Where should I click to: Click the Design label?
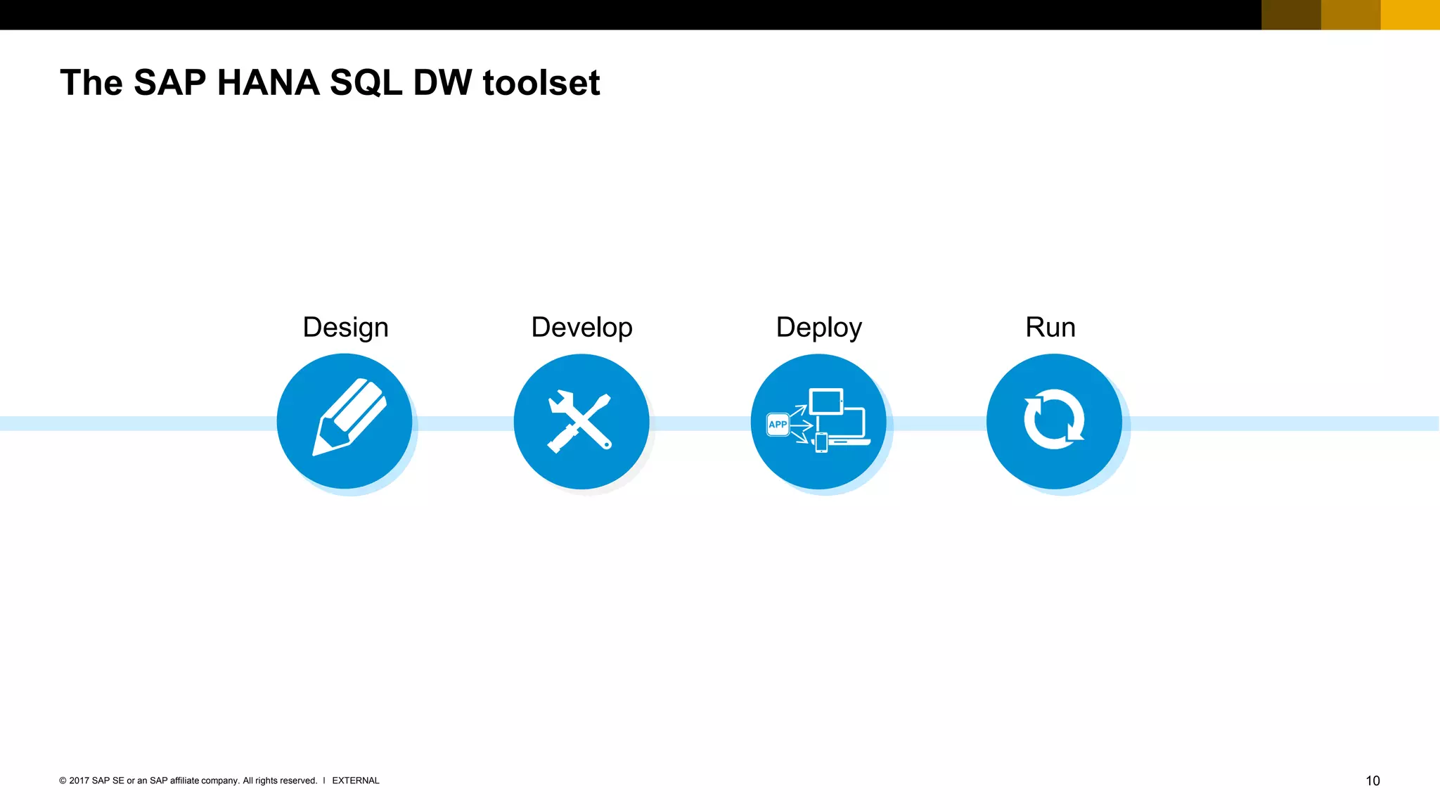click(345, 328)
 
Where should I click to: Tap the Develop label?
click(581, 328)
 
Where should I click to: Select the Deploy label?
click(818, 328)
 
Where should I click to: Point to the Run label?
click(1050, 328)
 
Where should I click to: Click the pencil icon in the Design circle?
click(349, 418)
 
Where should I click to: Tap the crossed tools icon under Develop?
click(580, 421)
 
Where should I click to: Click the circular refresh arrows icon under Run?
click(1053, 420)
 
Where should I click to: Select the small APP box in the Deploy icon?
click(778, 424)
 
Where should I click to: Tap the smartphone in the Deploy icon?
click(821, 442)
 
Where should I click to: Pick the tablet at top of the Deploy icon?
click(826, 401)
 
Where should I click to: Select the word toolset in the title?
click(541, 83)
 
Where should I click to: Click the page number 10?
click(1372, 780)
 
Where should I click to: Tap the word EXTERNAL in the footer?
click(355, 780)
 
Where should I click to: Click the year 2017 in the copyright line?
click(79, 780)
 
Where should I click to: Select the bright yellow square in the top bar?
click(1410, 15)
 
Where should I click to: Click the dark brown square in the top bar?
click(1291, 15)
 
